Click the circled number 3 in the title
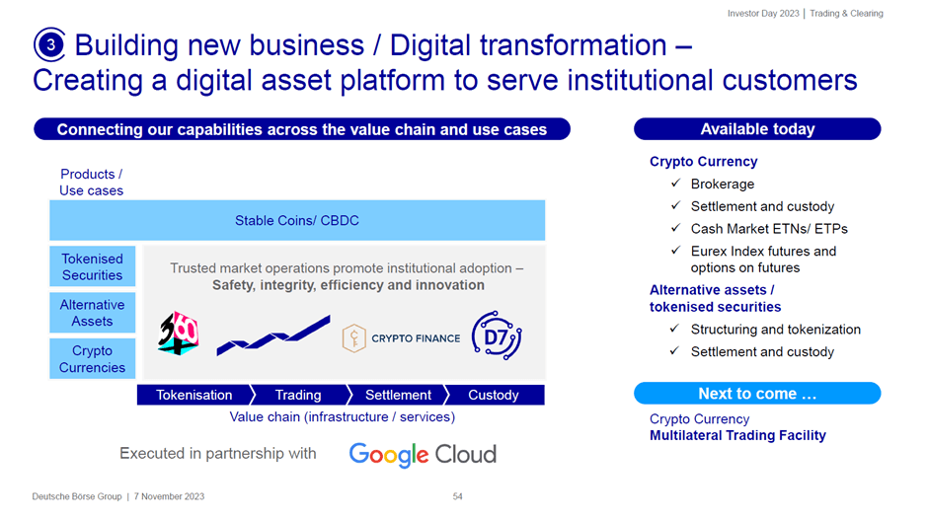[x=49, y=44]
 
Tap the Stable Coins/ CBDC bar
[x=297, y=220]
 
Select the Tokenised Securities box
[x=93, y=266]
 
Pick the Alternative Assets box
[x=93, y=313]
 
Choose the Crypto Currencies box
[x=93, y=358]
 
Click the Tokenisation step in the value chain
[x=195, y=395]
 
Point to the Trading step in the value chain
[x=299, y=395]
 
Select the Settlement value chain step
[x=398, y=395]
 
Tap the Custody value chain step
[x=495, y=395]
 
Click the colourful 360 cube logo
[x=178, y=334]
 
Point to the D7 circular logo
[x=497, y=336]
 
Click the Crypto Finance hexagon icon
[x=353, y=337]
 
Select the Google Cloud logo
[x=423, y=455]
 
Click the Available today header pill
[x=757, y=129]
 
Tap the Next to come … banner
[x=757, y=394]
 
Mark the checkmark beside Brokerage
[x=676, y=184]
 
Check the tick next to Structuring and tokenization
[x=674, y=329]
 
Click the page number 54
[x=457, y=496]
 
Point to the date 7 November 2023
[x=169, y=496]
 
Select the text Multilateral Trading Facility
[x=737, y=435]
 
